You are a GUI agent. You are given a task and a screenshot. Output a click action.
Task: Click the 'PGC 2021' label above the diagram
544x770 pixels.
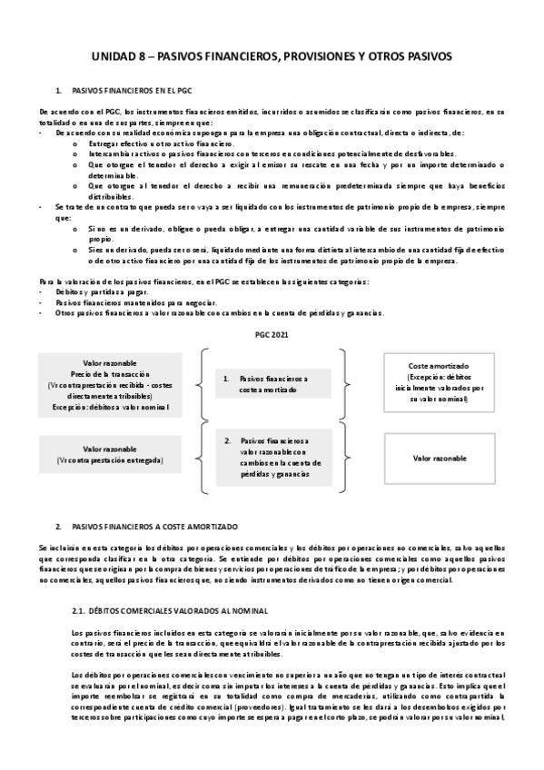271,335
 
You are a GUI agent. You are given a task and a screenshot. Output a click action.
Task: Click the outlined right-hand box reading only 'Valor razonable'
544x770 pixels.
439,459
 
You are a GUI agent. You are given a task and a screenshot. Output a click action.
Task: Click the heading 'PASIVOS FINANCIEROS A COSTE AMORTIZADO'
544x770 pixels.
153,527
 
